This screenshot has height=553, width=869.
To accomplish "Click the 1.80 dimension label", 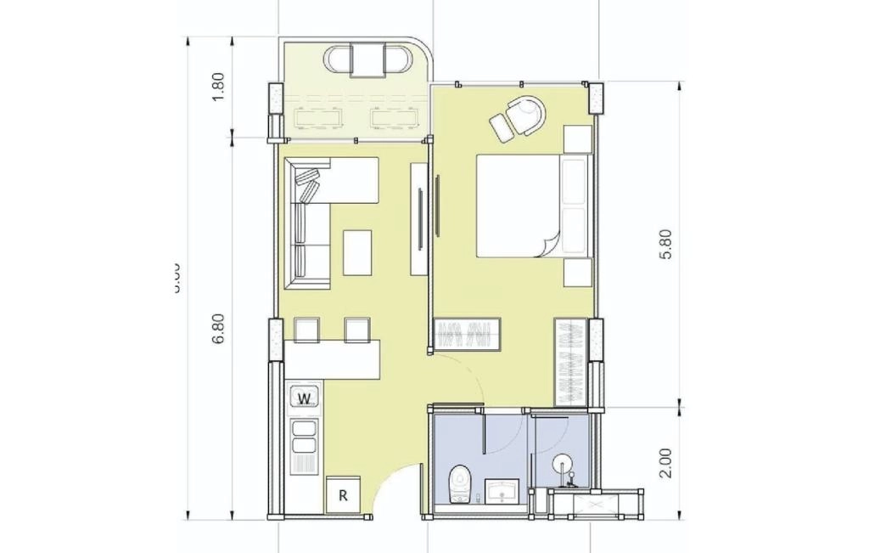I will click(x=218, y=87).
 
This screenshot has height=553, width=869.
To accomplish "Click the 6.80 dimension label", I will click(x=218, y=329).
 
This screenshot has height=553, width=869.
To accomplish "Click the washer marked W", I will click(x=306, y=397).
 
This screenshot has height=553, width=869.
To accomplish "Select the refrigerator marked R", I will click(x=343, y=494).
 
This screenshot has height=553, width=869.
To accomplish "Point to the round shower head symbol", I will click(x=563, y=464).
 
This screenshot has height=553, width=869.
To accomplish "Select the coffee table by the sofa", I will click(x=357, y=252).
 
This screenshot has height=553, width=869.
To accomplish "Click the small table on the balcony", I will click(x=367, y=60).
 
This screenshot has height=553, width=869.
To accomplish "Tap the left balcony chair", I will click(x=339, y=60).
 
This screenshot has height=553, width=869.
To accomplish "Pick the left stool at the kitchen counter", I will click(x=306, y=330).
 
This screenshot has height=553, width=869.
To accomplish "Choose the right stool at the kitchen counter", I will click(x=357, y=330).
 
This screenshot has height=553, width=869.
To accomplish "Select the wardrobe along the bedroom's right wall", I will click(x=571, y=362).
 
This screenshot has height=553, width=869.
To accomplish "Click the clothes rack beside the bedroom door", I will click(x=467, y=333).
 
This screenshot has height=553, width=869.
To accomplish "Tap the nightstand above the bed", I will click(x=578, y=138).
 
